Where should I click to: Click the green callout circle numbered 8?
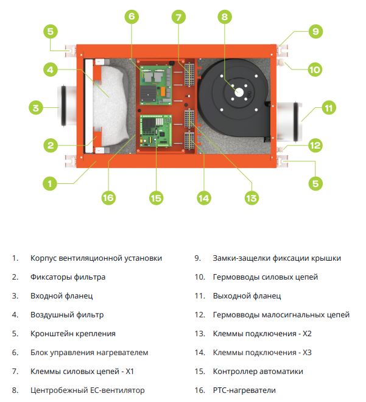click(225, 17)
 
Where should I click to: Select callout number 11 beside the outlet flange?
click(329, 108)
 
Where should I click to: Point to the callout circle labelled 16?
click(109, 197)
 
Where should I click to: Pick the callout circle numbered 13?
click(252, 197)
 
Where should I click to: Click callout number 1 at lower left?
click(52, 182)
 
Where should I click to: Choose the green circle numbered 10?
click(314, 69)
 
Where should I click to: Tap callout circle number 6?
click(132, 17)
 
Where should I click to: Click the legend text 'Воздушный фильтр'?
click(67, 315)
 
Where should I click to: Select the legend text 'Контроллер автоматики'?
click(258, 371)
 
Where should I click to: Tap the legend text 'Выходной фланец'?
click(247, 296)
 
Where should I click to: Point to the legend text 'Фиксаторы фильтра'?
click(68, 277)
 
